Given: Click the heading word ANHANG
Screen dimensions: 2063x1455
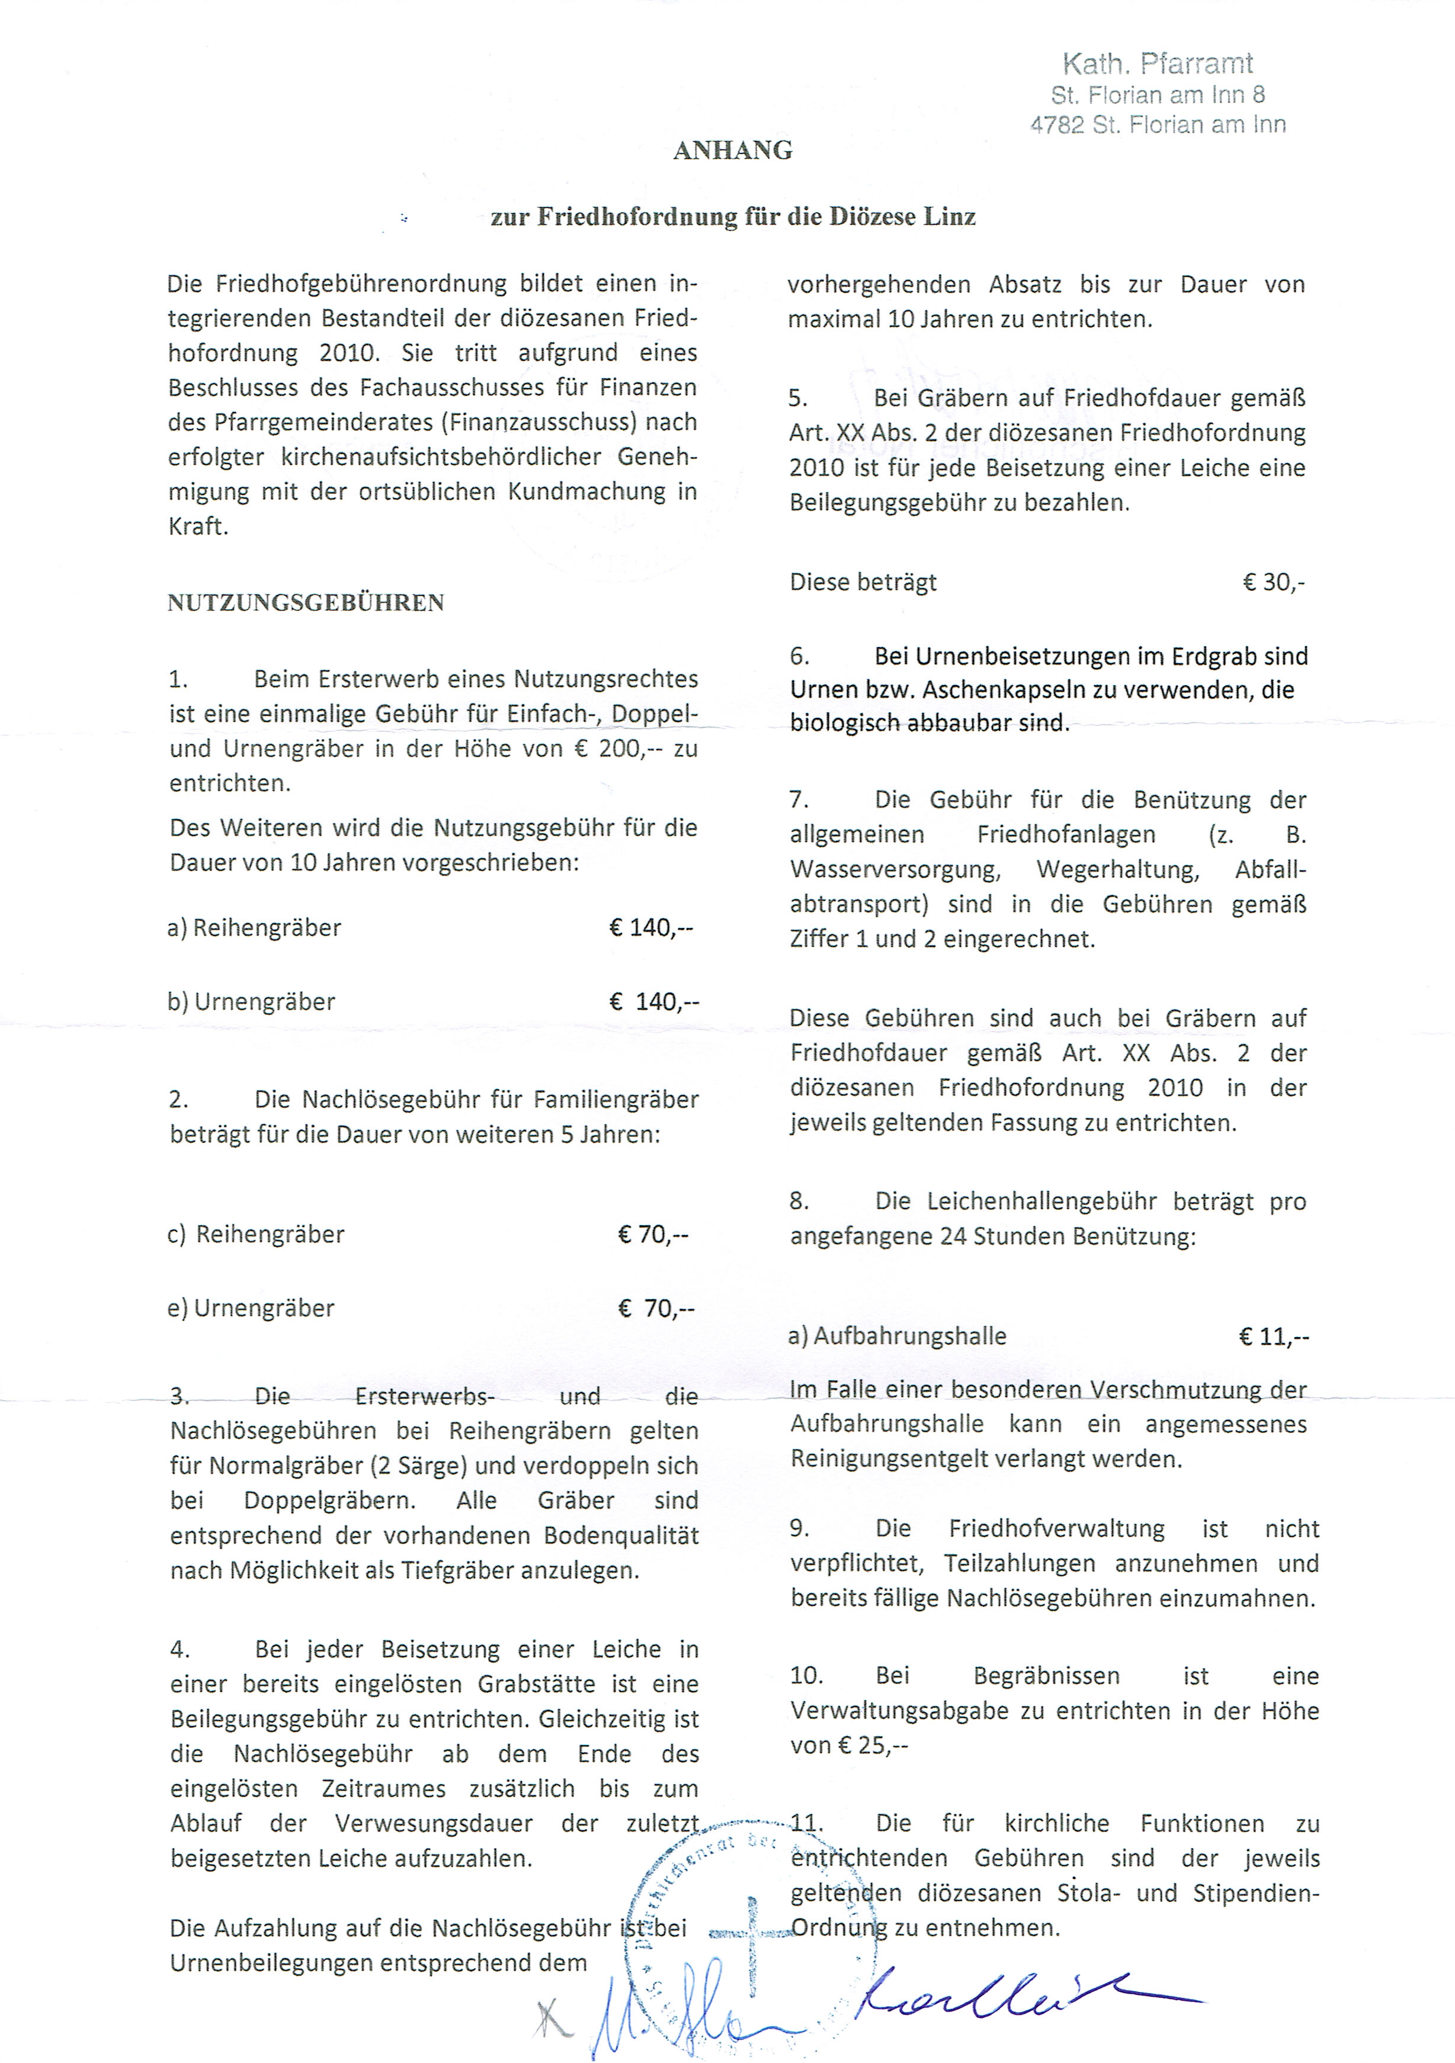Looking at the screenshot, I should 732,150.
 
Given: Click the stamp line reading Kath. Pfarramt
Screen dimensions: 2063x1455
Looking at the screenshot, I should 1158,64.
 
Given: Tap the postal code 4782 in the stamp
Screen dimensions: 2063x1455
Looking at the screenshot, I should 1057,125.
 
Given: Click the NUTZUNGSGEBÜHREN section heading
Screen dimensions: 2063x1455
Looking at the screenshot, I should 306,602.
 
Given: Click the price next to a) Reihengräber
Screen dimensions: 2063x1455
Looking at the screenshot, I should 650,927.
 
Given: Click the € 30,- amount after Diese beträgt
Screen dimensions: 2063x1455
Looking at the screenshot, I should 1274,582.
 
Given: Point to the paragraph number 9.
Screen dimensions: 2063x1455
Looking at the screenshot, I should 800,1528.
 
